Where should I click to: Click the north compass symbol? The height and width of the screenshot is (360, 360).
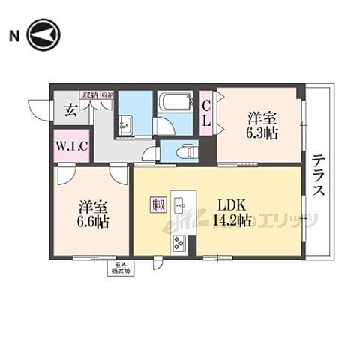[x=44, y=35]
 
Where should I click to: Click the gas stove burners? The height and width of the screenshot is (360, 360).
[x=181, y=243]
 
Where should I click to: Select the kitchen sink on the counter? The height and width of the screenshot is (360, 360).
[x=180, y=205]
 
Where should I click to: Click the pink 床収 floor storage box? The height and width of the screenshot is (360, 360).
[x=157, y=204]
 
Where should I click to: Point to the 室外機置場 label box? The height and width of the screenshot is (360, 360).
[x=121, y=266]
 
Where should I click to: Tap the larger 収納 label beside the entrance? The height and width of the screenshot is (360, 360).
[x=91, y=94]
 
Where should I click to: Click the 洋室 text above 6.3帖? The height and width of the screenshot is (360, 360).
[x=262, y=118]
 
